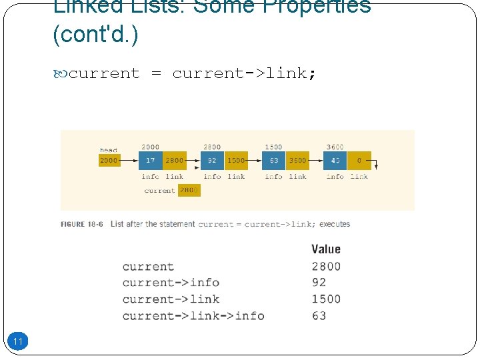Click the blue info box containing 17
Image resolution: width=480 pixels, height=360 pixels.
(150, 161)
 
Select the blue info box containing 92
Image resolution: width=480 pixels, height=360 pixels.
(212, 161)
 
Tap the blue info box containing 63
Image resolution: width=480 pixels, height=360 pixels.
(274, 161)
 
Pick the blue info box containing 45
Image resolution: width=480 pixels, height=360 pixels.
(335, 161)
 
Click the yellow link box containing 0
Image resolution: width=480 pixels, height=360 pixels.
(359, 161)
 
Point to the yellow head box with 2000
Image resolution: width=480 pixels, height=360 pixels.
(109, 161)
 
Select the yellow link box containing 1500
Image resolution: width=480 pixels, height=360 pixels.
(236, 161)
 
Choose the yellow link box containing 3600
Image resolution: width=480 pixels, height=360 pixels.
(298, 161)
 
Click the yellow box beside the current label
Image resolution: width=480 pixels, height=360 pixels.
(189, 191)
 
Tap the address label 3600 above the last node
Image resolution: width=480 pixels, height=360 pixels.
(335, 147)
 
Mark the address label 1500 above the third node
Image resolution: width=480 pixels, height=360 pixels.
(273, 147)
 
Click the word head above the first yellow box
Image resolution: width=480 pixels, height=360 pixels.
(108, 151)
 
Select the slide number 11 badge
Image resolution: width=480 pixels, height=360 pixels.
(18, 342)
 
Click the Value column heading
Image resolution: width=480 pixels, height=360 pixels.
(326, 249)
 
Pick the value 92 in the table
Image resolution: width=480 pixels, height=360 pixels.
(319, 283)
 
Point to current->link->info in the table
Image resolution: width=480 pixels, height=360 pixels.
(193, 315)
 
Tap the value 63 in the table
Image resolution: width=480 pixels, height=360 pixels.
(319, 315)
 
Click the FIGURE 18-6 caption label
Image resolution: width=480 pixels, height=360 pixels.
(82, 225)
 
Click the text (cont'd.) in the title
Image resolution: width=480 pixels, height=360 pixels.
(95, 35)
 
